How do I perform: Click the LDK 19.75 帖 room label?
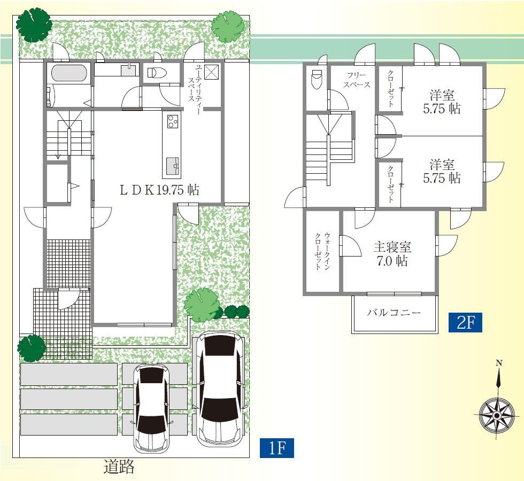(159, 190)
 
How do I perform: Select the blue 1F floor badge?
(276, 448)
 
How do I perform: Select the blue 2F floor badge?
(465, 323)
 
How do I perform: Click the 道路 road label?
(119, 467)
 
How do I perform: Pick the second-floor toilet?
(316, 80)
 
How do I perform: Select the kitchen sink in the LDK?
(172, 166)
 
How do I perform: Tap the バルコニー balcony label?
(394, 313)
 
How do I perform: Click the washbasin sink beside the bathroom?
(129, 69)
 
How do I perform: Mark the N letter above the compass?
(499, 363)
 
